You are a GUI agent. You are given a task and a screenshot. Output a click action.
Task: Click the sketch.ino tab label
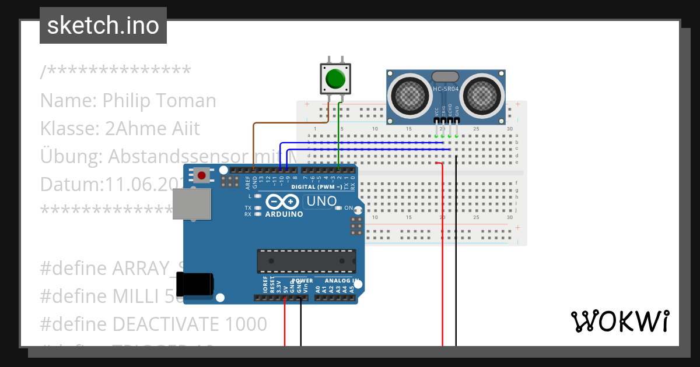[x=103, y=26]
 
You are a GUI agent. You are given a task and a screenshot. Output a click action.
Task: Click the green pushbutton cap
[x=335, y=78]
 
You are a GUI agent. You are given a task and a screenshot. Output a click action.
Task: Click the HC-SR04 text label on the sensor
[x=446, y=89]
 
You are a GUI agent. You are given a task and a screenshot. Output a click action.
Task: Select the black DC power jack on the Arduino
[x=196, y=285]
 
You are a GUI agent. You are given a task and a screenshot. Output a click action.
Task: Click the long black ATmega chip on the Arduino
[x=307, y=261]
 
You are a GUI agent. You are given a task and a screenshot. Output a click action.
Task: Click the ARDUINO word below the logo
[x=284, y=214]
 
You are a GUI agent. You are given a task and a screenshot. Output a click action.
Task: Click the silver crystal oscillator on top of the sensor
[x=446, y=76]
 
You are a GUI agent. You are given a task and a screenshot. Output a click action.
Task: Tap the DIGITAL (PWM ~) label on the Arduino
[x=316, y=186]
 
